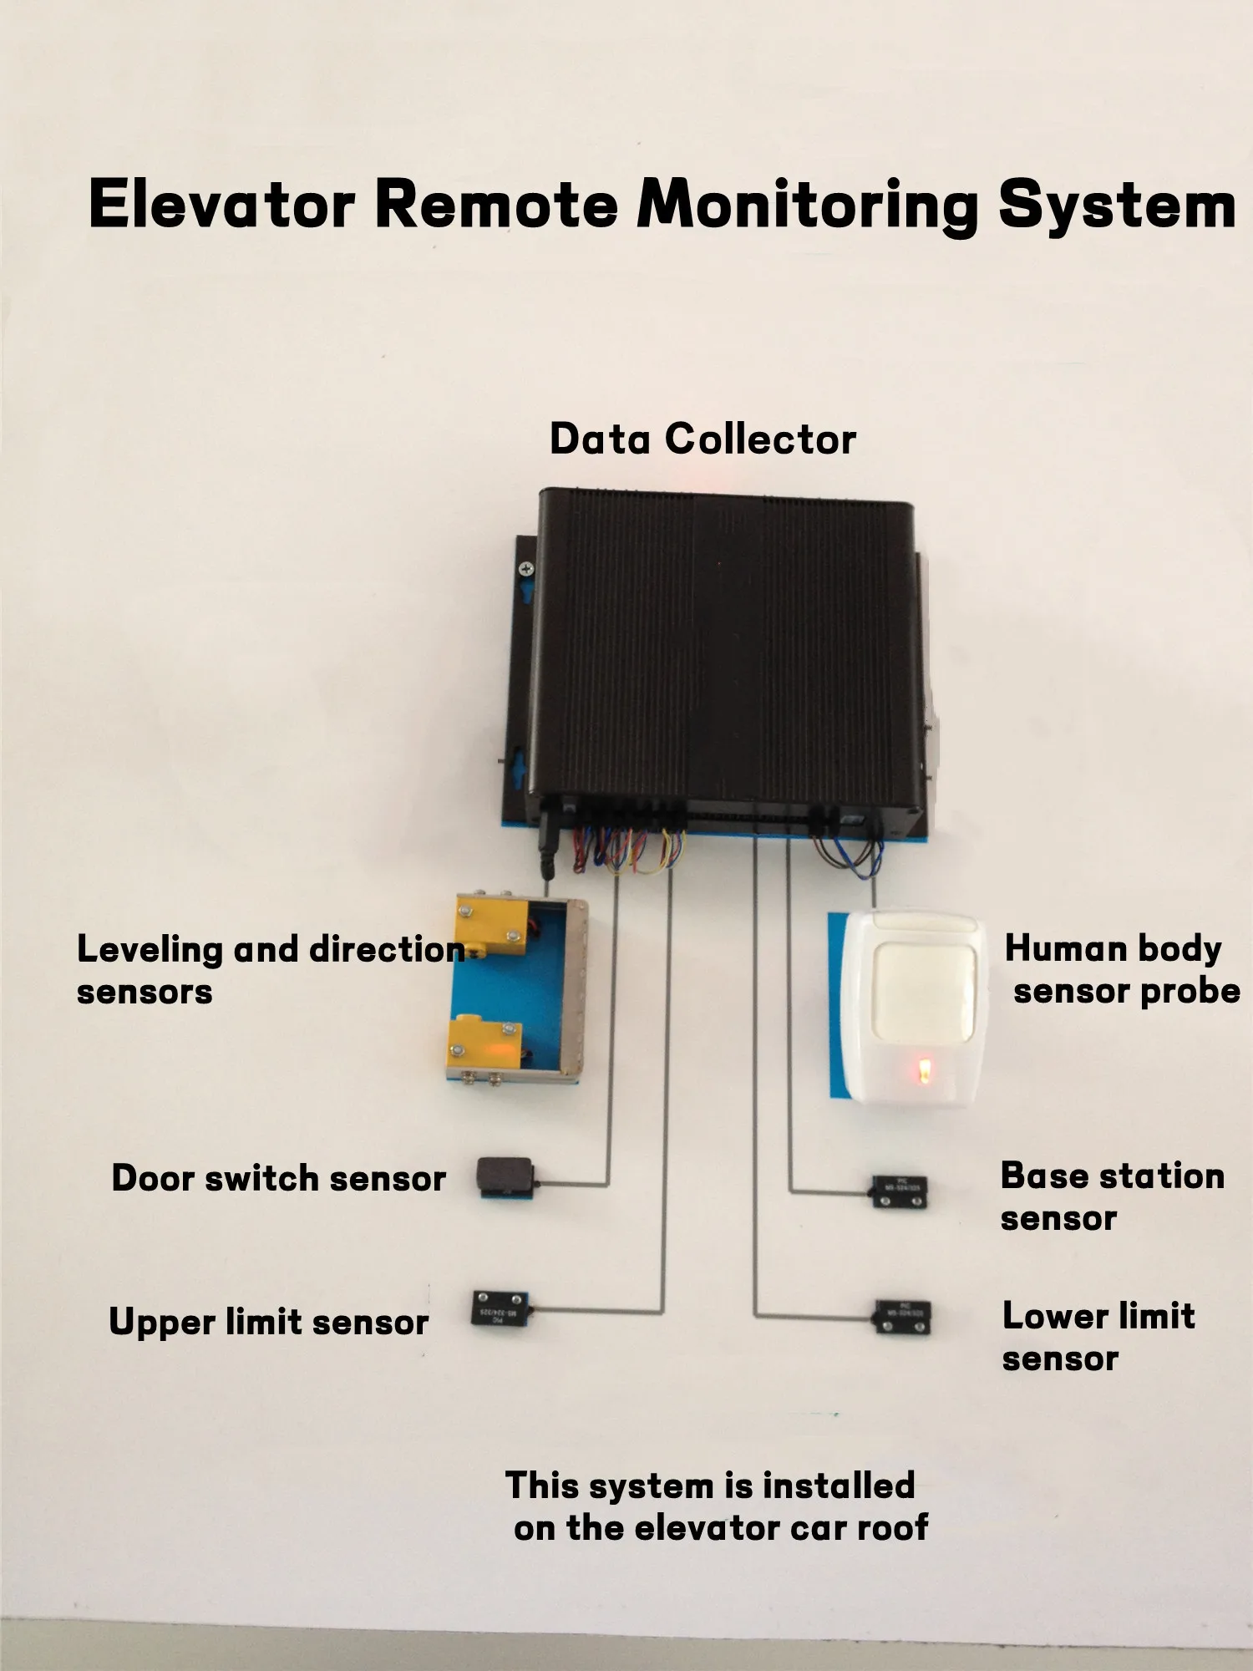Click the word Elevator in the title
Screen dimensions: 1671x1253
pyautogui.click(x=221, y=205)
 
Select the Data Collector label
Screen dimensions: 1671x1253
pyautogui.click(x=703, y=439)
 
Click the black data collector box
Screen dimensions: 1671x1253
pyautogui.click(x=723, y=652)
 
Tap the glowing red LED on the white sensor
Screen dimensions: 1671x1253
pyautogui.click(x=925, y=1070)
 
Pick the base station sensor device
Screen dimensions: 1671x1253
pyautogui.click(x=900, y=1191)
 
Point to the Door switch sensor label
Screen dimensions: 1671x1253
pyautogui.click(x=278, y=1179)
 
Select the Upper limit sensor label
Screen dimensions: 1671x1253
pyautogui.click(x=268, y=1323)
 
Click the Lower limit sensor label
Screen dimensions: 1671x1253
pyautogui.click(x=1098, y=1337)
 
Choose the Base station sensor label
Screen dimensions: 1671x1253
pyautogui.click(x=1112, y=1196)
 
